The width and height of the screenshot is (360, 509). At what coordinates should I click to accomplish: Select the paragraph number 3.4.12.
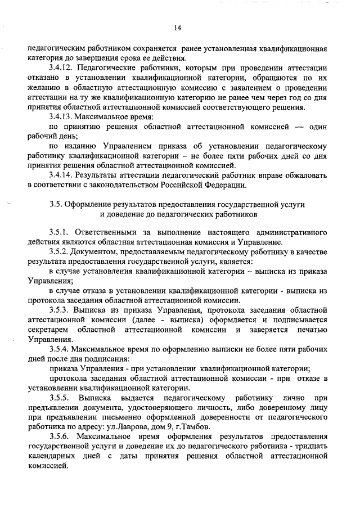coord(63,67)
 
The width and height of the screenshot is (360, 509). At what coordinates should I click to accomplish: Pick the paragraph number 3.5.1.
coord(60,232)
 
